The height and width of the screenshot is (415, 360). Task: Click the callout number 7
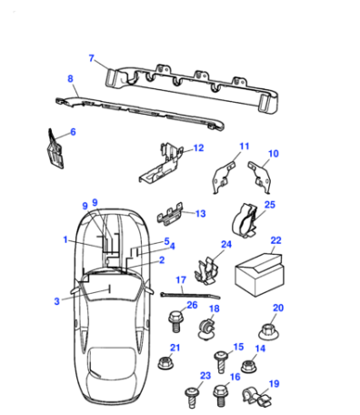[x=92, y=58]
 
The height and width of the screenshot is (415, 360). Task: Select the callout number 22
[x=275, y=240]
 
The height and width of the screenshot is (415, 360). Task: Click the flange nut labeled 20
[x=268, y=331]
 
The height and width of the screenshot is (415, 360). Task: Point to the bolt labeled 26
[x=175, y=321]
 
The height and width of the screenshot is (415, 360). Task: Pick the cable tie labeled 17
[x=190, y=295]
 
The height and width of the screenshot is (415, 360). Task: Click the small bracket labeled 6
[x=55, y=149]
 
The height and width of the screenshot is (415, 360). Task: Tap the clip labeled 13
[x=170, y=215]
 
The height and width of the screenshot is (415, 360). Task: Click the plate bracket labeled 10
[x=259, y=177]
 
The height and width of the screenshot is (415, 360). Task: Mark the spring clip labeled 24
[x=206, y=270]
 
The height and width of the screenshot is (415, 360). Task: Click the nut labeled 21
[x=165, y=363]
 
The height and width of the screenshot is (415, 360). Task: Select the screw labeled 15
[x=222, y=361]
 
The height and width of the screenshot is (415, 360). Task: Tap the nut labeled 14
[x=249, y=366]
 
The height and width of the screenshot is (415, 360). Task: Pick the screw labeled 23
[x=193, y=398]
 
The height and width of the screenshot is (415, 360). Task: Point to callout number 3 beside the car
[x=56, y=301]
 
